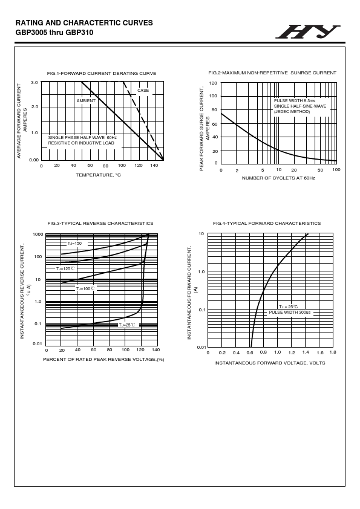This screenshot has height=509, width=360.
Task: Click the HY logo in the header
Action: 308,32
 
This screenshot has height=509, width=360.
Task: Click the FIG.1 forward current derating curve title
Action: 102,73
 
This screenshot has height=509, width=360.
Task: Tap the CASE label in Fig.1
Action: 143,90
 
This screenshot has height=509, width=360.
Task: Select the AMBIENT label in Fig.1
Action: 86,100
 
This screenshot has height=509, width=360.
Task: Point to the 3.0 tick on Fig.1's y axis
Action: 34,82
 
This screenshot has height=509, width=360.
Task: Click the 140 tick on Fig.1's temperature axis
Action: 154,165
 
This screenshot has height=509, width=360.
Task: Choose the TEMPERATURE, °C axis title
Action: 98,175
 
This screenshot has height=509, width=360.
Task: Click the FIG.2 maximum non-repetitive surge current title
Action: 272,73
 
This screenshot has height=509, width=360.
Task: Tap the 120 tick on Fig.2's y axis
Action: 213,83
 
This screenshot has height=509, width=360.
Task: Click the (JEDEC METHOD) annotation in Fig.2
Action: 292,112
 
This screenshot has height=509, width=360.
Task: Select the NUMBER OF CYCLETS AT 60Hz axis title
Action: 278,178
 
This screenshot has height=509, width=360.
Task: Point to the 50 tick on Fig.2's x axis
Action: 320,170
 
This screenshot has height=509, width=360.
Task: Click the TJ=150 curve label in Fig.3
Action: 74,244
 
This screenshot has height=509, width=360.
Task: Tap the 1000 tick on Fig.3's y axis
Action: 38,235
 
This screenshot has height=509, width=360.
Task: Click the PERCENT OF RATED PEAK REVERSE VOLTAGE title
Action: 103,359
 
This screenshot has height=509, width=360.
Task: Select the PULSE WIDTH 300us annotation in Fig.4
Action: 289,313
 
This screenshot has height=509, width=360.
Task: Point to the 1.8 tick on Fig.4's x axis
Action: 333,352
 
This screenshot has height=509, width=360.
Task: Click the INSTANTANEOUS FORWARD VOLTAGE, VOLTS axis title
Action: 270,363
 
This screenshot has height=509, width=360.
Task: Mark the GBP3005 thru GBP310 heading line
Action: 54,33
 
